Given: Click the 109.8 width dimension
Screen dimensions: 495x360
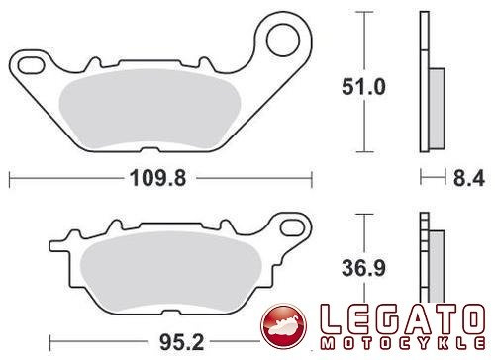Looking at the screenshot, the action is coord(157,178).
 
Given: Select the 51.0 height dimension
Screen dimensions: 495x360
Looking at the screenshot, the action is coord(363,87).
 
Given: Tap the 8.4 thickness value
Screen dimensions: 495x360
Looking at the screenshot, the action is coord(469,178).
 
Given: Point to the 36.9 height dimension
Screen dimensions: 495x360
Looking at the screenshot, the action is coord(363,268).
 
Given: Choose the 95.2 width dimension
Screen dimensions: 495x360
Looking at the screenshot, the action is coord(182,342).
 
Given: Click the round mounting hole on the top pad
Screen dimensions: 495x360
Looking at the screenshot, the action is coord(283,41).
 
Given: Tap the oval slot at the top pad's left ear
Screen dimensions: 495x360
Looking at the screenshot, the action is coord(31,65).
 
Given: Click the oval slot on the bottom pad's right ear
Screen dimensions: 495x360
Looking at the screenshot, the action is coord(292,227).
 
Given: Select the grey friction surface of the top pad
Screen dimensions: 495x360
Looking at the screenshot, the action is coord(149,109).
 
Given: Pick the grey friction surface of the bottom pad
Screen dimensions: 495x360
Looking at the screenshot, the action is coord(170,271).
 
